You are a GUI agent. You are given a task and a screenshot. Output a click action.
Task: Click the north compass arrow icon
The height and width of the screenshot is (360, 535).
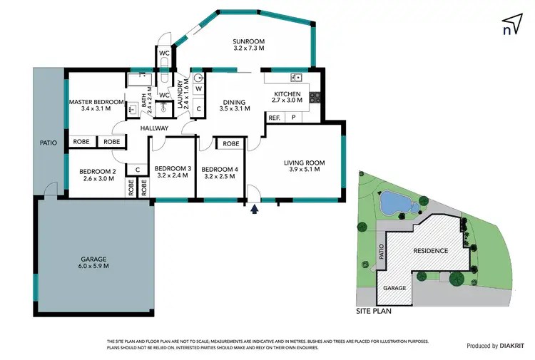pos(509,24)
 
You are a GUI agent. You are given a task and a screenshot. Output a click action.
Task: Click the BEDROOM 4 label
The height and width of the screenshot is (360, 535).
pos(220,172)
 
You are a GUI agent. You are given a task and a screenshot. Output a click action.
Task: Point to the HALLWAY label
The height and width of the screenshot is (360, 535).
pos(154,128)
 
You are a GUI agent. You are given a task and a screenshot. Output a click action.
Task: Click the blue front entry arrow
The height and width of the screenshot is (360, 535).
pos(255,209)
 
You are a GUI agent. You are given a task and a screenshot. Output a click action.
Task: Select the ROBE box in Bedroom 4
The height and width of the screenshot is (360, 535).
pos(230,144)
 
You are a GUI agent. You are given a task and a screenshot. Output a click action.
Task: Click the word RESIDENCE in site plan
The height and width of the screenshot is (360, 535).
pos(430,250)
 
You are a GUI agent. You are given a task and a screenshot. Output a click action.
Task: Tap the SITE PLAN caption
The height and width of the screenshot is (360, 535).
pos(374,312)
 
